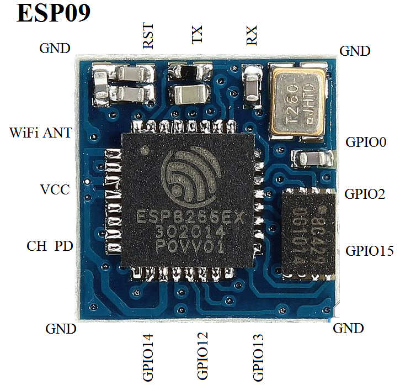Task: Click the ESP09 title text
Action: (54, 14)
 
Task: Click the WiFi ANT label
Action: (41, 133)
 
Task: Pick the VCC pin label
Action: (55, 190)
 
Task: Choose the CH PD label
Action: (50, 246)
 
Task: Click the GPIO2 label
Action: (365, 194)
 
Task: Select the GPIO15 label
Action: (370, 250)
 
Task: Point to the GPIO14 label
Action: (148, 357)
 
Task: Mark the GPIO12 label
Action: (203, 357)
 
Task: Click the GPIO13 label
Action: (258, 357)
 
